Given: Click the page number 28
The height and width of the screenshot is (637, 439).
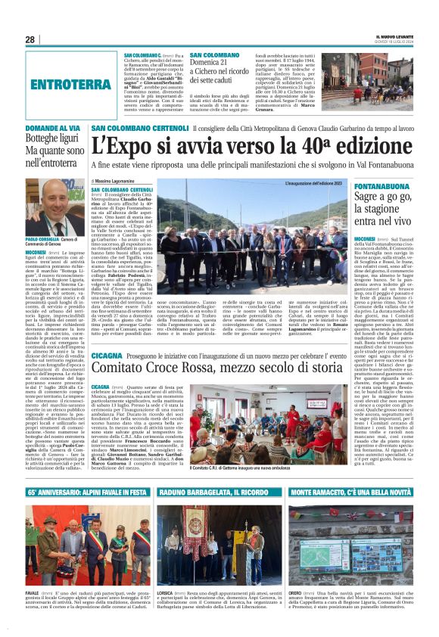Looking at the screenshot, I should (30, 39).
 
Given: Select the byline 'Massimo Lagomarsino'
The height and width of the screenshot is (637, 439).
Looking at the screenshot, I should (117, 182).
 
